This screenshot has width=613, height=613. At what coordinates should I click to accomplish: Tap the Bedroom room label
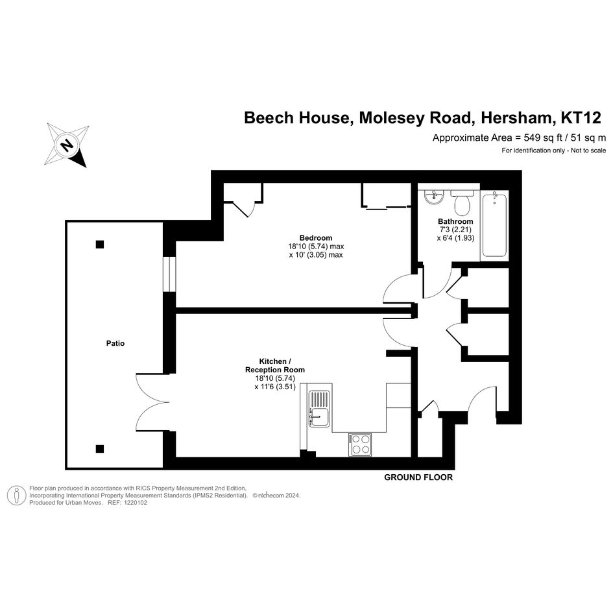(x=315, y=237)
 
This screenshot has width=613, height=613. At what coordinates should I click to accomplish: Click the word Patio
(x=115, y=343)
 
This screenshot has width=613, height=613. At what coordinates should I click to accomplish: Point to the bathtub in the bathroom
(x=494, y=225)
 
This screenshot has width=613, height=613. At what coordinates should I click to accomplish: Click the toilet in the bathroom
(x=463, y=202)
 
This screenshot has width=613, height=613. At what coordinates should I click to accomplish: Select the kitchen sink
(x=319, y=409)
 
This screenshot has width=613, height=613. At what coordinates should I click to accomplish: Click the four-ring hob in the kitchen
(x=360, y=444)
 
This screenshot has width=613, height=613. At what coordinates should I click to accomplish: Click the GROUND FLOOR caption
(x=418, y=477)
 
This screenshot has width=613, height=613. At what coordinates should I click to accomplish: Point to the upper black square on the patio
(x=99, y=245)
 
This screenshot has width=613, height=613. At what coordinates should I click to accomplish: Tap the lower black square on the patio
(x=99, y=448)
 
